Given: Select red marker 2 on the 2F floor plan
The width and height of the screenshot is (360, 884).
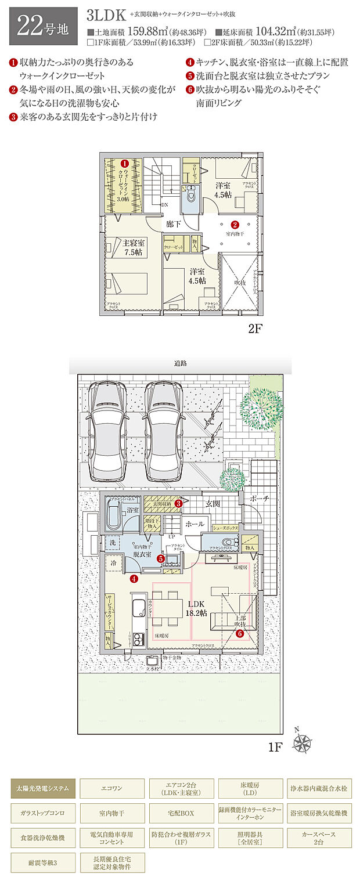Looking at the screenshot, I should tap(235, 224).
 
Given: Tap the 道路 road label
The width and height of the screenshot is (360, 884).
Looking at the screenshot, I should tap(180, 364).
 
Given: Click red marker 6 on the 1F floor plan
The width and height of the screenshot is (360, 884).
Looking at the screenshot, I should tap(239, 634).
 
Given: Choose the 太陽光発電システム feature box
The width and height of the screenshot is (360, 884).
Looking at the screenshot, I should tap(43, 788).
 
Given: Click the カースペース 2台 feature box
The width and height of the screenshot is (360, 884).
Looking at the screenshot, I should tap(319, 838).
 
